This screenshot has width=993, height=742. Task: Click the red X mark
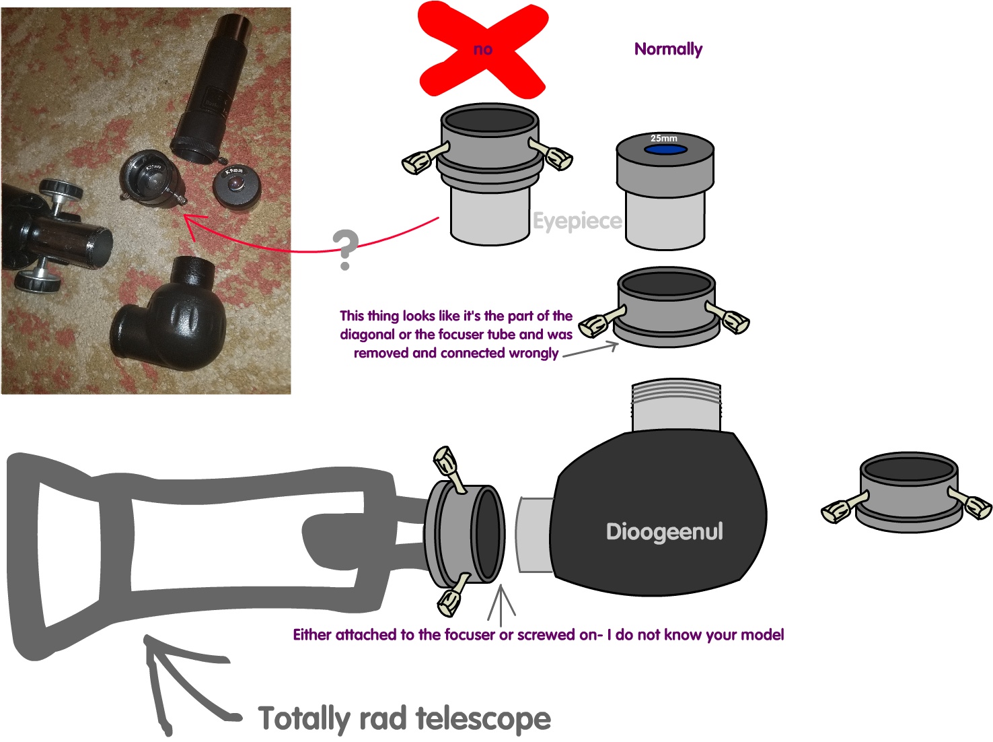(x=482, y=50)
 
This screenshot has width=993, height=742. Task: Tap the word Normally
(x=668, y=49)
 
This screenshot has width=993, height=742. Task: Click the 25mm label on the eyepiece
(x=663, y=138)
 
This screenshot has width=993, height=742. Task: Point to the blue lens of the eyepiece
(x=665, y=149)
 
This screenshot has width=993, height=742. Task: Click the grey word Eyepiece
(x=577, y=222)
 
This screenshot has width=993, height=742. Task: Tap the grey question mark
(x=346, y=250)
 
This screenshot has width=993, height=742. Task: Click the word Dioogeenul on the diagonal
(x=664, y=532)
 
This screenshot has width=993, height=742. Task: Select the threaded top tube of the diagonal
(x=676, y=406)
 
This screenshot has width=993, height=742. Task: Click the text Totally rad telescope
(x=404, y=718)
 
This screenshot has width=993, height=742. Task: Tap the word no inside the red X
(x=482, y=49)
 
